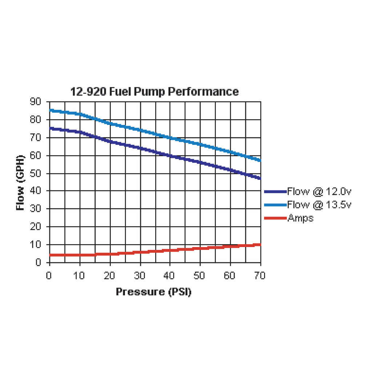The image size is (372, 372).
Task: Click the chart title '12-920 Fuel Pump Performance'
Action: [154, 92]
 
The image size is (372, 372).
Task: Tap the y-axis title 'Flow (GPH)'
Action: [21, 183]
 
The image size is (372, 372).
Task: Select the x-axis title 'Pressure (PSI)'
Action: [154, 292]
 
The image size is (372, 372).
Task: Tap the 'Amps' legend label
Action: [300, 218]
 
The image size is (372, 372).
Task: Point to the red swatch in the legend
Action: [275, 218]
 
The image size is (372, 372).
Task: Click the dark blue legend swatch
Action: [275, 191]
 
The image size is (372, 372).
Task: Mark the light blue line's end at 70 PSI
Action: [260, 160]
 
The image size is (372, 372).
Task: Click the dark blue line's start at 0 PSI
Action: [50, 128]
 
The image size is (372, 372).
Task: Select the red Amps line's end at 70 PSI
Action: [260, 244]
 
